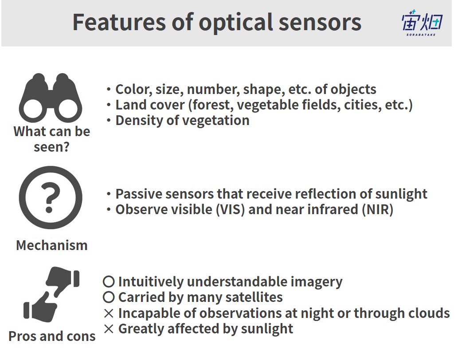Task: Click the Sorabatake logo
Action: (422, 23)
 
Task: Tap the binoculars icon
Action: (50, 98)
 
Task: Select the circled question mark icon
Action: (50, 198)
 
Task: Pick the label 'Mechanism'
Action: (52, 245)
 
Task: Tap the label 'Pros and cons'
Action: (52, 336)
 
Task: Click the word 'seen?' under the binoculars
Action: (51, 147)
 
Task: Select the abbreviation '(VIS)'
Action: (230, 210)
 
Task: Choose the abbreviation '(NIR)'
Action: (377, 210)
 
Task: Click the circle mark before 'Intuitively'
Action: (109, 282)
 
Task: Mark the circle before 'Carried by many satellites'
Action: (109, 297)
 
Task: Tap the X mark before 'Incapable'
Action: (109, 313)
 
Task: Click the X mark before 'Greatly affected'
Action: (109, 329)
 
